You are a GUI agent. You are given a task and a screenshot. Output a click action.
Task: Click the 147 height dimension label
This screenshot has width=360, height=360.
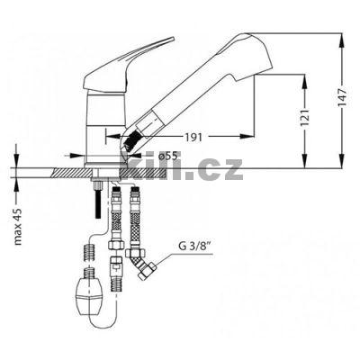point(342,97)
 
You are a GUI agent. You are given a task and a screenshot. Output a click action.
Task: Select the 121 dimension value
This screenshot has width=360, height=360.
point(305,117)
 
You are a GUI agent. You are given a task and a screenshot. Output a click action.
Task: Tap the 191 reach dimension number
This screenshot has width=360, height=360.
point(193,138)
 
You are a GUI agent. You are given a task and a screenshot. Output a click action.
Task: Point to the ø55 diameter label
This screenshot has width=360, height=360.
point(170,156)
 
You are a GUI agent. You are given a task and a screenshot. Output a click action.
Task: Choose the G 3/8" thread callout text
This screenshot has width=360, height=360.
point(193,246)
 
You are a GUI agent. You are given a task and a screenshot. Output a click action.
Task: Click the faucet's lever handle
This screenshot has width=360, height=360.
point(128,67)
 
